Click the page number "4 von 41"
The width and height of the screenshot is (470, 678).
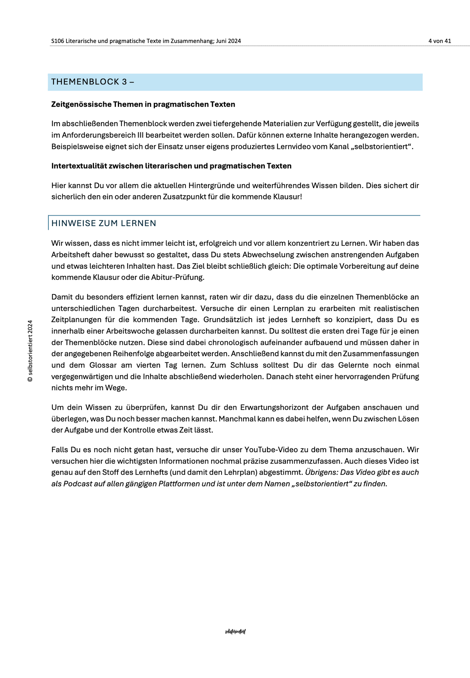pos(440,41)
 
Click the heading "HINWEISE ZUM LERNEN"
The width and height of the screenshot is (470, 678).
pos(104,223)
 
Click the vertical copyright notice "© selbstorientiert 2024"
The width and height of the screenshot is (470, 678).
pos(30,351)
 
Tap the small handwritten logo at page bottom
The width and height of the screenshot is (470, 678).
pos(235,632)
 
